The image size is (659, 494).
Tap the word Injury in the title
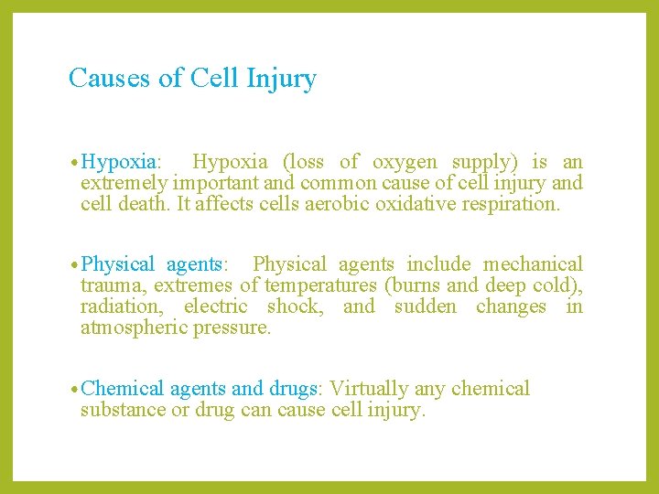tap(281, 80)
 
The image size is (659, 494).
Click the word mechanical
tap(533, 264)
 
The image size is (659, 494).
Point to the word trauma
tap(107, 285)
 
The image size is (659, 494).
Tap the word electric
tap(216, 306)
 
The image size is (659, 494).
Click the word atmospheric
tap(134, 328)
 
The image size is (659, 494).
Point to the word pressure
tap(232, 328)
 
